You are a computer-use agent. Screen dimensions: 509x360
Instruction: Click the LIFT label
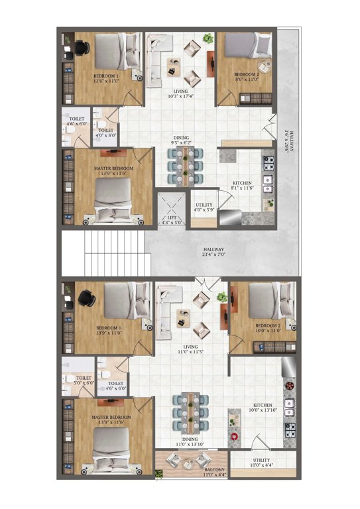pyautogui.click(x=170, y=219)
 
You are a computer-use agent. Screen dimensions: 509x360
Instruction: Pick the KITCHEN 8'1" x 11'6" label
pyautogui.click(x=241, y=186)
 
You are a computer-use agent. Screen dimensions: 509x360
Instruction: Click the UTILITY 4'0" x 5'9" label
pyautogui.click(x=204, y=208)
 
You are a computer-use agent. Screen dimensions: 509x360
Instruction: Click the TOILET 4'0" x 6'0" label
pyautogui.click(x=106, y=133)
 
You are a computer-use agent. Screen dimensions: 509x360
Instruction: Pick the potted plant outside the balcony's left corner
pyautogui.click(x=158, y=473)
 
